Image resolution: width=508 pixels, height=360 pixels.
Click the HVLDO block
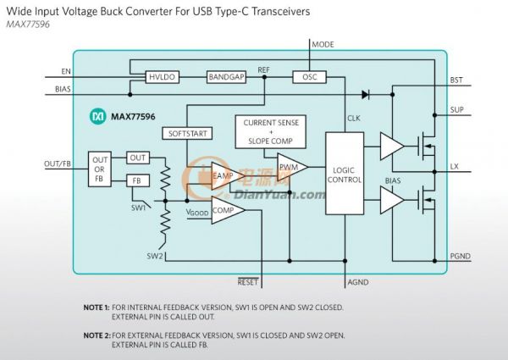tap(160, 77)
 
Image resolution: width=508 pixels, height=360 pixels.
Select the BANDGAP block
tap(225, 77)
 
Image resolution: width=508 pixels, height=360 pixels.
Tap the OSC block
tap(308, 77)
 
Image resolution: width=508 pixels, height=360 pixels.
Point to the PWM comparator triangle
tap(288, 167)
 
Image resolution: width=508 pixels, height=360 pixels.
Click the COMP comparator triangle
tap(224, 210)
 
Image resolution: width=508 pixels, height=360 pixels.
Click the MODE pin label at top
tap(323, 43)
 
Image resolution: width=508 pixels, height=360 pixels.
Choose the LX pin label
tap(455, 166)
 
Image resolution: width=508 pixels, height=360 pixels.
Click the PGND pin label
tap(460, 255)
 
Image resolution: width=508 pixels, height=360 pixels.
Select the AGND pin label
tap(358, 282)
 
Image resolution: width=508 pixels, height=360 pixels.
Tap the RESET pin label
tap(247, 282)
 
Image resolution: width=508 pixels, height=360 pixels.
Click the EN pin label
tap(66, 70)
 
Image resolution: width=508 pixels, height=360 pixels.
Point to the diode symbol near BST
tap(366, 94)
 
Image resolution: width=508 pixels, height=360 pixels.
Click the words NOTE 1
tap(97, 307)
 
